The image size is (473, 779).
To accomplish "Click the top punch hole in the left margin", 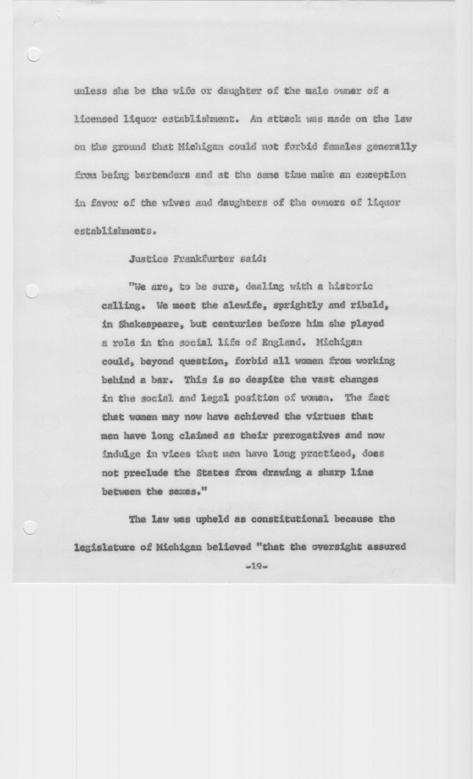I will (34, 54).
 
